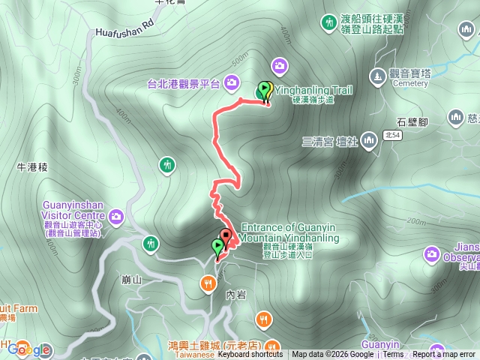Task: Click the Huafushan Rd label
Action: click(x=124, y=32)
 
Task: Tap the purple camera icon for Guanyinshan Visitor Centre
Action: click(x=116, y=217)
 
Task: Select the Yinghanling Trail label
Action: click(x=313, y=89)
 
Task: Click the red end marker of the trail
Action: click(x=225, y=235)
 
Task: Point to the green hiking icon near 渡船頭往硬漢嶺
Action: click(x=328, y=22)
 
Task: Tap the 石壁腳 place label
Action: click(x=412, y=121)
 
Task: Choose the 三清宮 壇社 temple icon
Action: click(x=368, y=141)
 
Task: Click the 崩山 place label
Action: click(x=130, y=280)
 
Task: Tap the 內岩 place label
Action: click(x=235, y=295)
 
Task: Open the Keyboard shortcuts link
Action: click(x=250, y=355)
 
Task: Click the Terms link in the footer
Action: click(x=393, y=355)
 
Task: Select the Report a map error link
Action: click(x=444, y=355)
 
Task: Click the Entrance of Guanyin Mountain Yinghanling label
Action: click(x=289, y=232)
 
